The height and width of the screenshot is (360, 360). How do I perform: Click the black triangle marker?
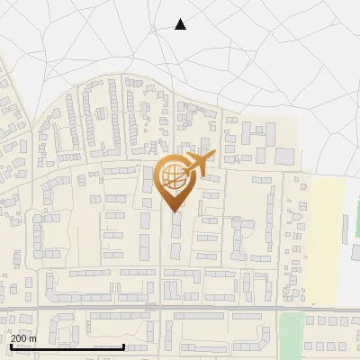180,24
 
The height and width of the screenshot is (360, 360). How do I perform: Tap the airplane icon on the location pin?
197,163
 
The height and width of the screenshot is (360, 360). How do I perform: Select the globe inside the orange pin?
172,175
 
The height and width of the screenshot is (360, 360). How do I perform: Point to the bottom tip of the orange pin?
172,211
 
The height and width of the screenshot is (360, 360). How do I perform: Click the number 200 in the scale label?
19,338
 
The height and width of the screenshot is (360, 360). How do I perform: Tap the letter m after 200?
32,338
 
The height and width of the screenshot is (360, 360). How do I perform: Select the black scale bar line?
67,346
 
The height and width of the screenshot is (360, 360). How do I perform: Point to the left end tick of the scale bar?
10,346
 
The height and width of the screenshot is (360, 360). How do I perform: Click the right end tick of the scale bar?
123,346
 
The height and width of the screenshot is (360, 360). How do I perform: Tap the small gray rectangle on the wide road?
151,307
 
